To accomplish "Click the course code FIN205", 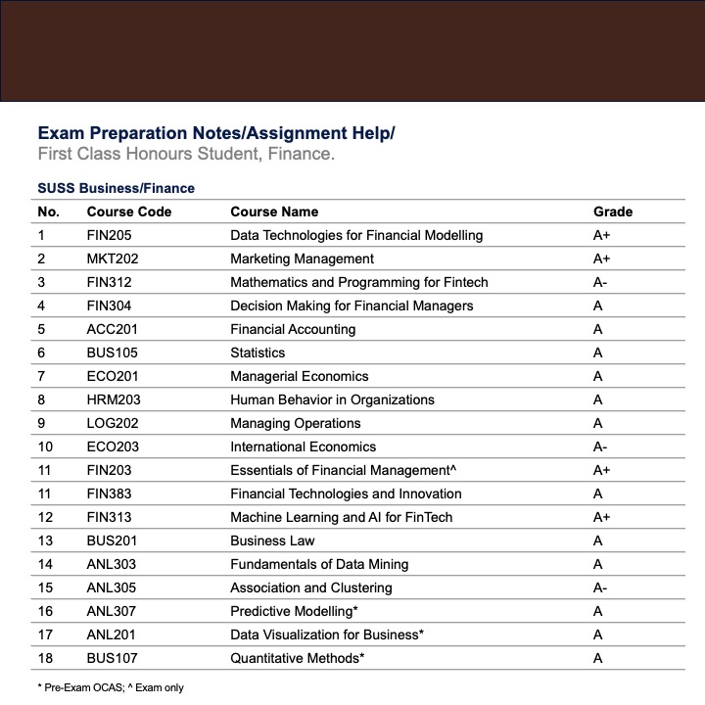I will (x=109, y=235).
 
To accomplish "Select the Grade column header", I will (x=613, y=211).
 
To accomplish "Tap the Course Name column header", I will (x=274, y=211).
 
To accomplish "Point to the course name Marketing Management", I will (x=302, y=258).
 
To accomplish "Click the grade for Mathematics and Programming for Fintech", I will (x=601, y=282).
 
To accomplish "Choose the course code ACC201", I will (x=110, y=329).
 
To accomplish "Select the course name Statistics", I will (x=258, y=352).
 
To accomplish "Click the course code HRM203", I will (x=111, y=399).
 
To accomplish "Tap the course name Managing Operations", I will (x=296, y=423).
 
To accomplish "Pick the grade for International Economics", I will (x=601, y=446).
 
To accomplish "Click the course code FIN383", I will (x=109, y=493).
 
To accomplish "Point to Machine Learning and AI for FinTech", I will (x=342, y=517).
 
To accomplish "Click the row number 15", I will (x=45, y=587).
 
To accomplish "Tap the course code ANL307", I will (x=110, y=611).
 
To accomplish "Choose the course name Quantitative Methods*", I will (x=298, y=658).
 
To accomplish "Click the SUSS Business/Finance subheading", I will (x=116, y=188).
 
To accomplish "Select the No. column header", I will (x=48, y=211).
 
